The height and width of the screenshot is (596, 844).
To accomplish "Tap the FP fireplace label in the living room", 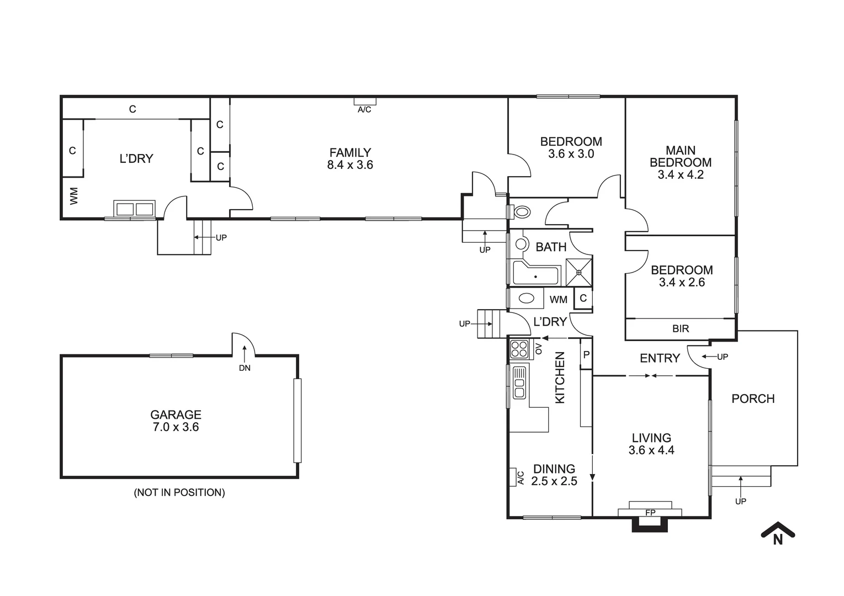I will coord(650,513).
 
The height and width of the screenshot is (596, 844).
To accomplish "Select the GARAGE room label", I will coord(176,414).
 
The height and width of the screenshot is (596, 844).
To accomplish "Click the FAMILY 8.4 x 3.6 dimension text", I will coord(350,165).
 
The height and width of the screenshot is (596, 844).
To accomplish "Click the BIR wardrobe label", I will coord(681,329).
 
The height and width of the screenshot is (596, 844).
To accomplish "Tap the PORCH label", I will coord(753,398).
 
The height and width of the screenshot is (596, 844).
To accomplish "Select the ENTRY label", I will coord(660,358).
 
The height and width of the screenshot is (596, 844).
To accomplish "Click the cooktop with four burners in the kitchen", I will coord(519,349).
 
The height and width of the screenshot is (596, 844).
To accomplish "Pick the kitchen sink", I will coord(519,382).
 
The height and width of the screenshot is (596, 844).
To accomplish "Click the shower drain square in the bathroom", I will coord(579,272).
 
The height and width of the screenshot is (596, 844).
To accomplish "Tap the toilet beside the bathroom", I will coord(521,211).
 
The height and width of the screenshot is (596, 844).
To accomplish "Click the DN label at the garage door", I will coord(245,368).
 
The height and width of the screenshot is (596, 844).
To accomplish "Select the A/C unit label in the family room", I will coord(364,110).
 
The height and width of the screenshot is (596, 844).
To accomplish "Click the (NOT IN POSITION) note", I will coord(179,492).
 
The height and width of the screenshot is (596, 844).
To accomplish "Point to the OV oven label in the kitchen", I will coord(538,349).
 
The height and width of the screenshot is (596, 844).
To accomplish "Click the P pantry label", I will coord(586,355).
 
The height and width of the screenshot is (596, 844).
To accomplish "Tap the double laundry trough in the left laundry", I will coord(134,209).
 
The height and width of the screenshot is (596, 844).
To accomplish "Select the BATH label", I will coord(551,247).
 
